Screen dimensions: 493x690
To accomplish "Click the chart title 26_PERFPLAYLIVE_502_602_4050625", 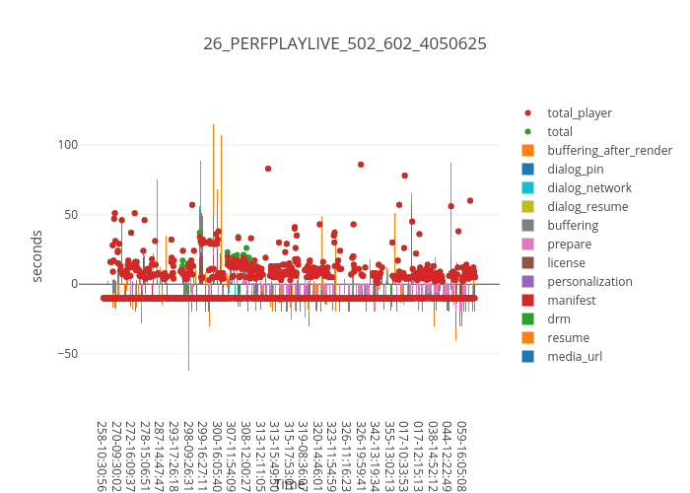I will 344,43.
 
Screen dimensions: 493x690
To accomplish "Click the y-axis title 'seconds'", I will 37,255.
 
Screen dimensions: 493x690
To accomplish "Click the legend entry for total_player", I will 580,113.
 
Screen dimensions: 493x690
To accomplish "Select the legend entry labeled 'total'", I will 560,132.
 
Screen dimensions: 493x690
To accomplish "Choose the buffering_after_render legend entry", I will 609,151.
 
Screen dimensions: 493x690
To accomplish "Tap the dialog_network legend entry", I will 589,188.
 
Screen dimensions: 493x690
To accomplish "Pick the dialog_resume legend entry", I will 587,207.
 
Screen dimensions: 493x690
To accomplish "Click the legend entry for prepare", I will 570,245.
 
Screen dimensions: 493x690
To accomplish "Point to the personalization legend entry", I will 589,282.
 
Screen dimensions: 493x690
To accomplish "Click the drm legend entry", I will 559,319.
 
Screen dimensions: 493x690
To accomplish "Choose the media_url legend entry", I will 575,357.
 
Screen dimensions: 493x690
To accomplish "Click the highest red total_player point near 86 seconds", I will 361,165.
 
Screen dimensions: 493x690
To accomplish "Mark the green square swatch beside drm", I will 527,319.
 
